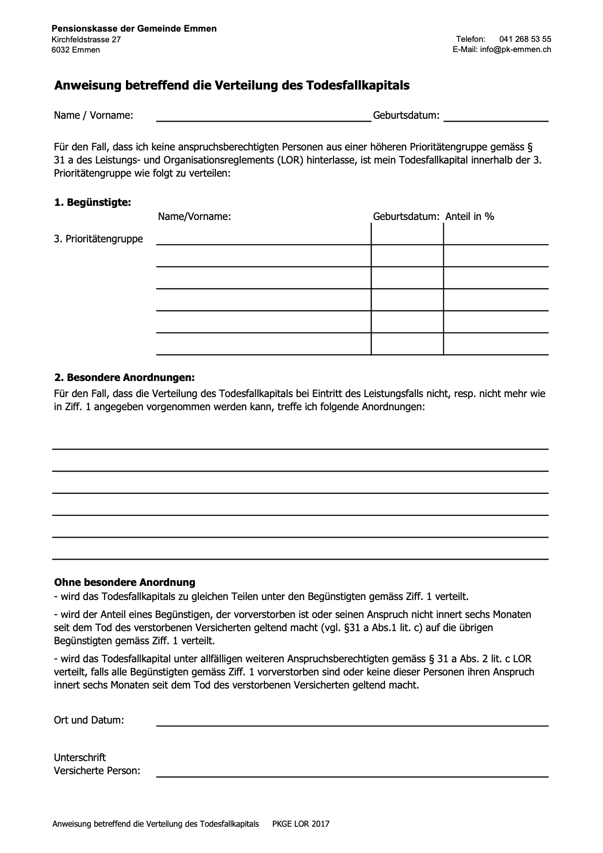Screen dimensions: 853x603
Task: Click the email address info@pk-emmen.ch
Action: point(515,50)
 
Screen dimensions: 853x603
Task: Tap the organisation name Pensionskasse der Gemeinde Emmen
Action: point(134,29)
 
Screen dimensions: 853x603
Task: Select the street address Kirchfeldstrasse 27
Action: point(86,39)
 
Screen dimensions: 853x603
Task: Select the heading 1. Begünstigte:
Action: point(92,202)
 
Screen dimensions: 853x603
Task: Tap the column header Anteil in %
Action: point(469,217)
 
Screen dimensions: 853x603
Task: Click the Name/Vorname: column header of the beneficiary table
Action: point(195,217)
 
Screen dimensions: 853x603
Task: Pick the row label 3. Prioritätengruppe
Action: point(98,239)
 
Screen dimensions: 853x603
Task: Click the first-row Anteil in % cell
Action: point(496,235)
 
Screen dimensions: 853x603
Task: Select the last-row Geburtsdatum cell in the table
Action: point(407,345)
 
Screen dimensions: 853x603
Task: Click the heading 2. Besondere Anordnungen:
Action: point(124,378)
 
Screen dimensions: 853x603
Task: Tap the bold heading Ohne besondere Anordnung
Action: point(124,582)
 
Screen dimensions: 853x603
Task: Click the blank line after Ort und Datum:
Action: point(352,721)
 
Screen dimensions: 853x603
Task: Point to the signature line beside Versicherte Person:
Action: point(352,772)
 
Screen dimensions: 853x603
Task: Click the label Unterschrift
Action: point(80,758)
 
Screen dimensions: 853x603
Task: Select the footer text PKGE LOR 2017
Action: point(301,824)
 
